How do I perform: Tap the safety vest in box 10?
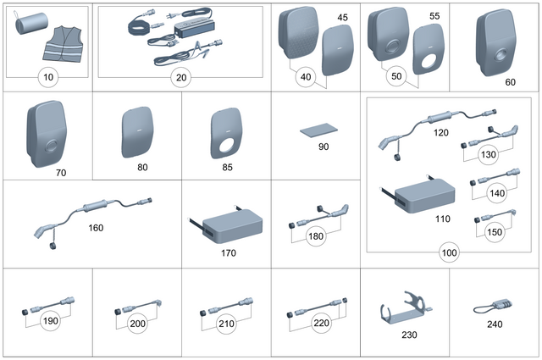click(65, 45)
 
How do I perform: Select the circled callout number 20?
click(179, 78)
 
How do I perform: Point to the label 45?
click(342, 17)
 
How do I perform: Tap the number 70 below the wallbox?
click(60, 173)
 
